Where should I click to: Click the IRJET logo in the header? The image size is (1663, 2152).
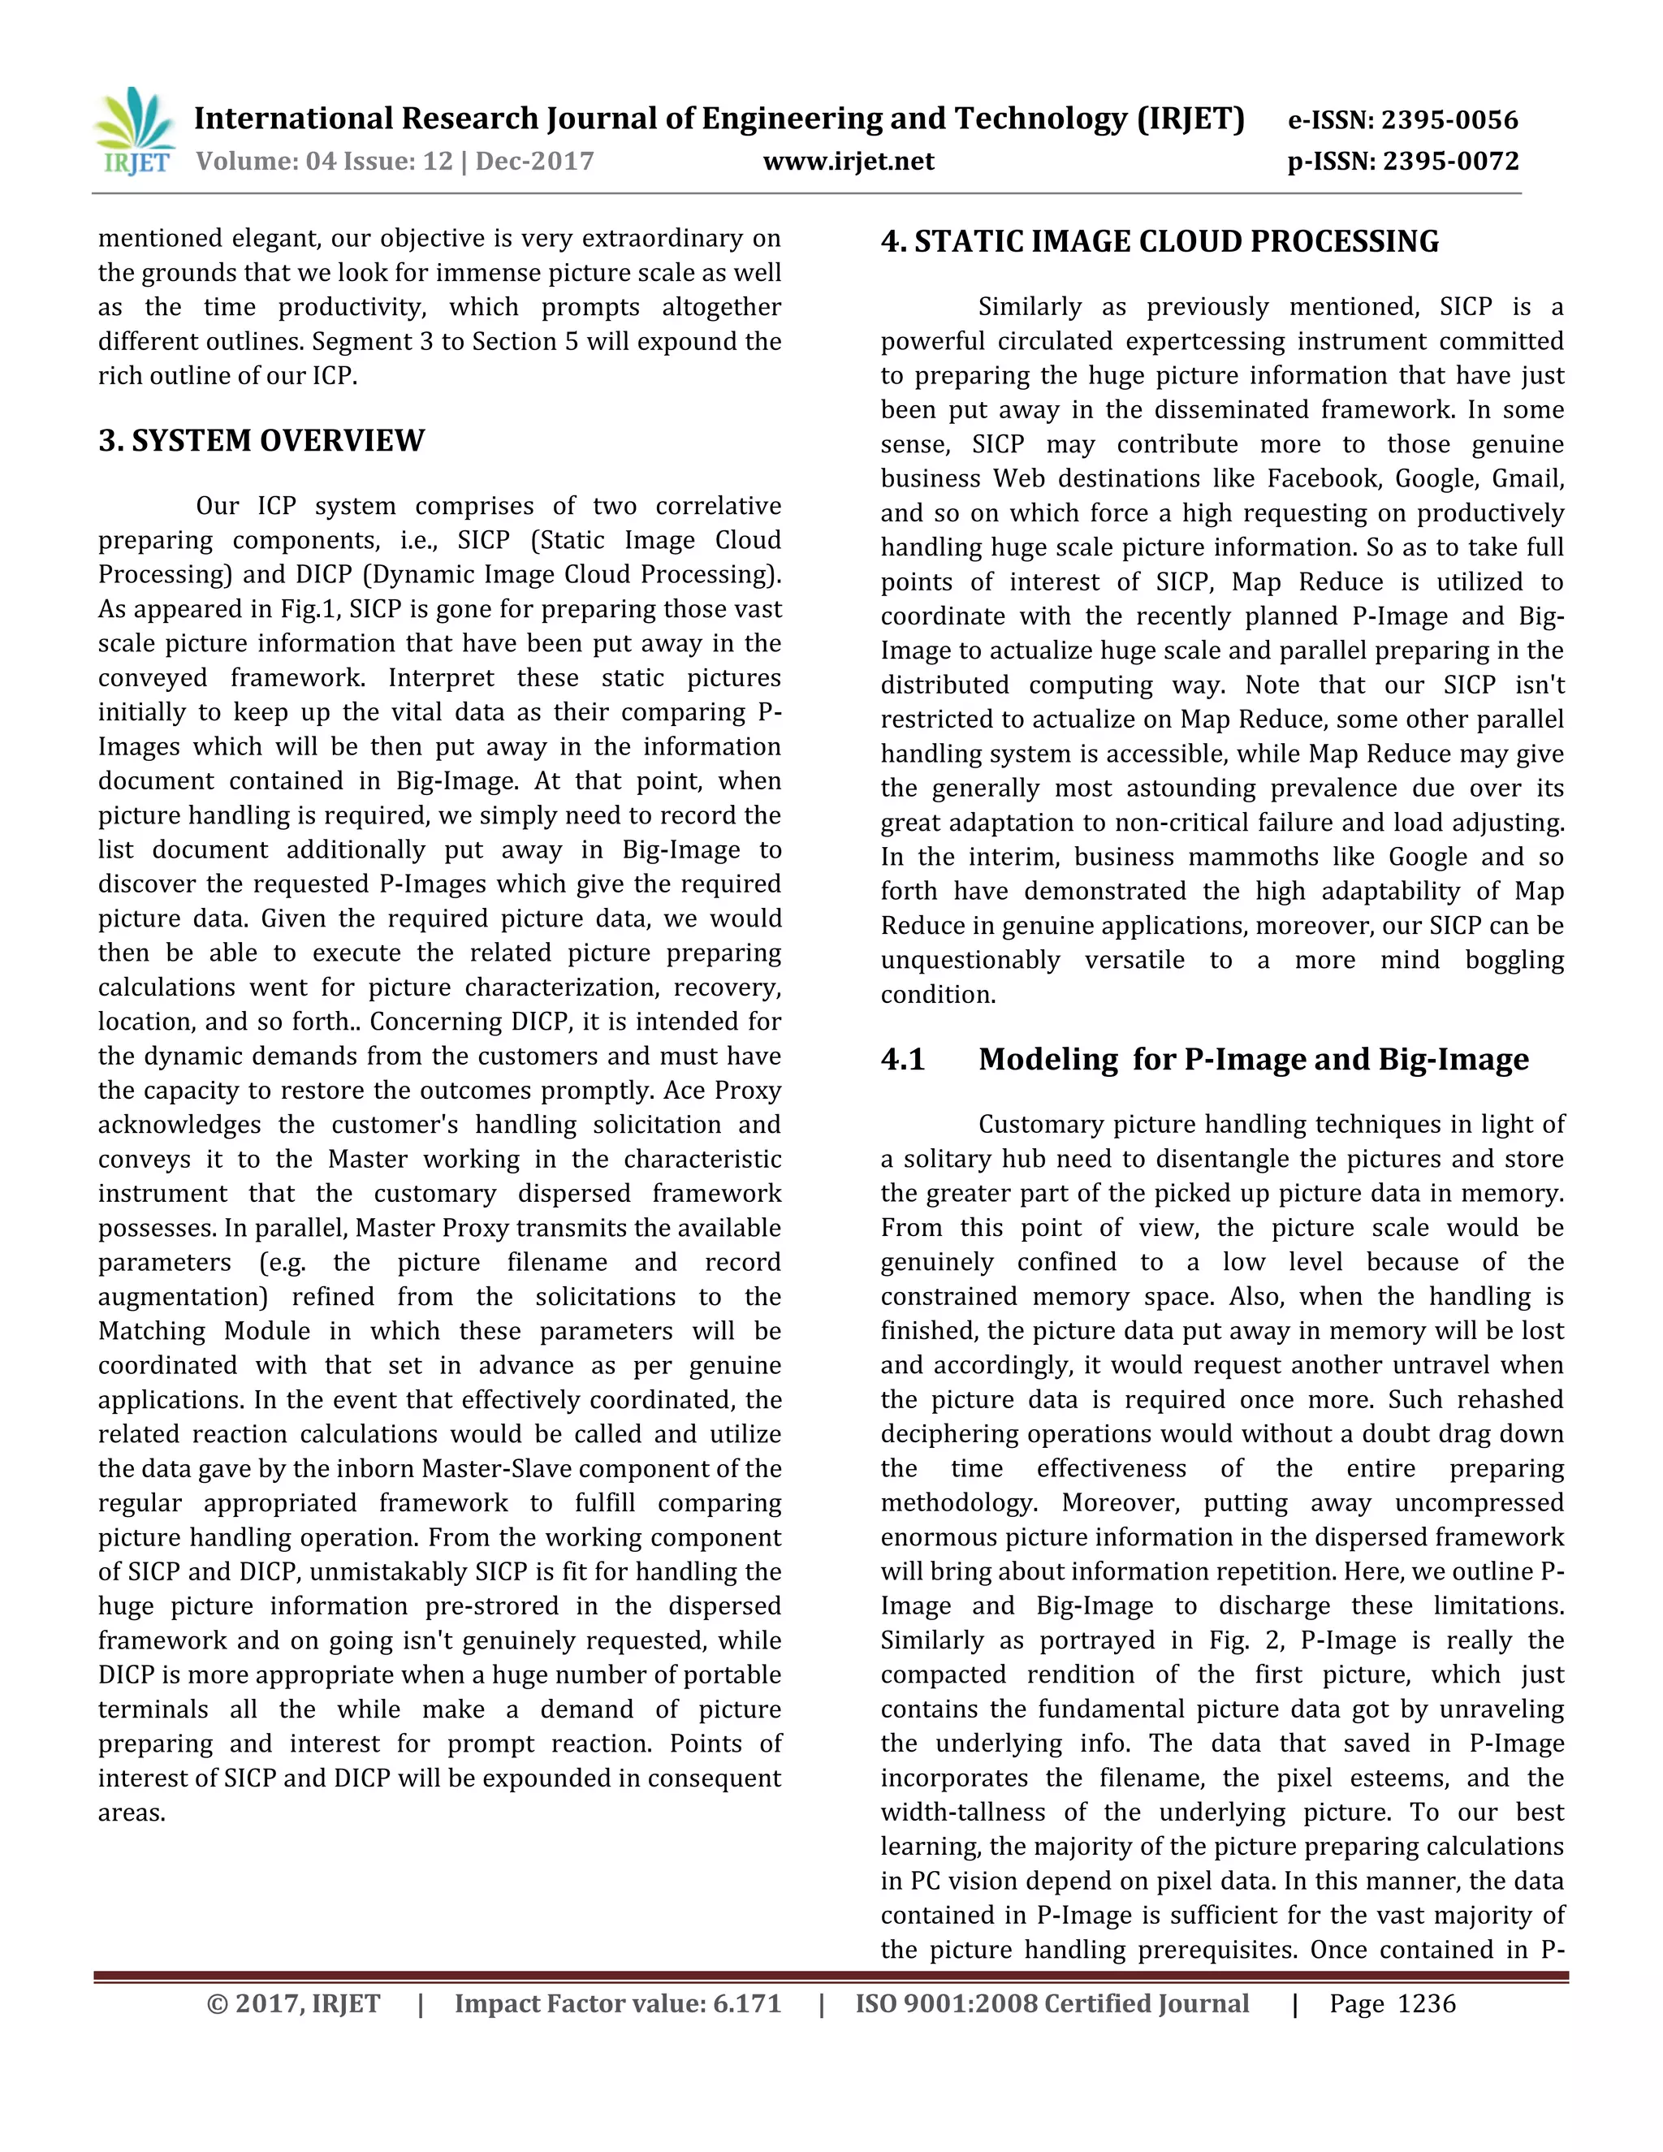[135, 131]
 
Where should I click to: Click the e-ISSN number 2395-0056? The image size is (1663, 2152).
[1449, 120]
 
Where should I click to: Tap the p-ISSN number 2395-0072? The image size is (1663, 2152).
[1450, 161]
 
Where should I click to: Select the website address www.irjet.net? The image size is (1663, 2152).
[849, 161]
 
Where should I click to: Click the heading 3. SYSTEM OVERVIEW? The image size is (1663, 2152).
[261, 440]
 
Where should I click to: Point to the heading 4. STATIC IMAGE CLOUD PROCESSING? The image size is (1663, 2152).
[1160, 241]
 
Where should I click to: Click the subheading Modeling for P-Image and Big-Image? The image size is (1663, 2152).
[1253, 1059]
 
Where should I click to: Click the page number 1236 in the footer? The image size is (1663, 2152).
[1426, 2003]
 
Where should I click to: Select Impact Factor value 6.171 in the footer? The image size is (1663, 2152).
[617, 2003]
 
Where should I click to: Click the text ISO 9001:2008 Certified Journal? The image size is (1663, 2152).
[1052, 2003]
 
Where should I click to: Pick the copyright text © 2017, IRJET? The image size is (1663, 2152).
[294, 2003]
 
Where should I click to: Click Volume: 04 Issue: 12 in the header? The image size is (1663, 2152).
[324, 161]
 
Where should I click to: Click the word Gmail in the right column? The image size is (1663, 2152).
[1526, 479]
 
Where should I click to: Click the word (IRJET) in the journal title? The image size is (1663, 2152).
[1190, 119]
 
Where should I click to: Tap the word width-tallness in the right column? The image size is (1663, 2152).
[961, 1812]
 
